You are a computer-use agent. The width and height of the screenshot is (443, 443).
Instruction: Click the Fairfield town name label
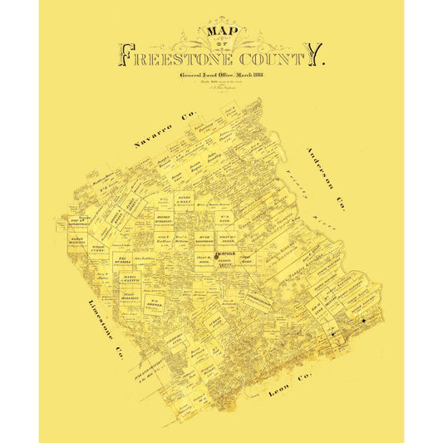pos(225,253)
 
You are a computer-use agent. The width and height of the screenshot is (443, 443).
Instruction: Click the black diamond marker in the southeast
pos(364,321)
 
